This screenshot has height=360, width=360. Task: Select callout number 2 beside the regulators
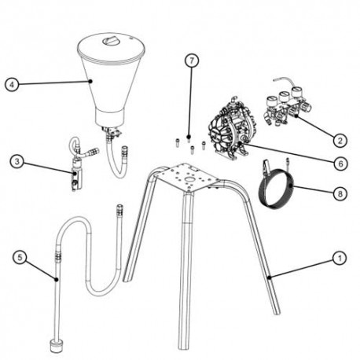339,141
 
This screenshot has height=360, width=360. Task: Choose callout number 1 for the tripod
340,256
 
